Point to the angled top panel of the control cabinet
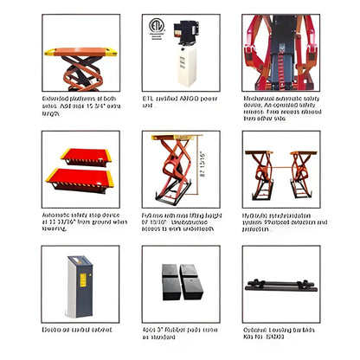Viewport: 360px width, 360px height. (x=79, y=259)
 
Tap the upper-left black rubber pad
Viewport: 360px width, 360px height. (x=168, y=270)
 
